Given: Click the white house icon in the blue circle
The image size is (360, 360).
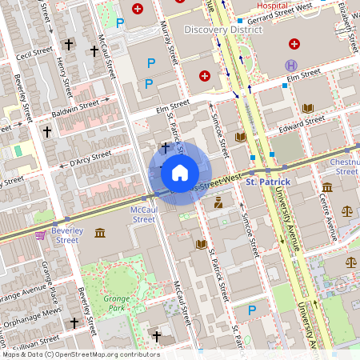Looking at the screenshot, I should point(179,172).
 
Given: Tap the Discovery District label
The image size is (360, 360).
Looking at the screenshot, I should point(222,29).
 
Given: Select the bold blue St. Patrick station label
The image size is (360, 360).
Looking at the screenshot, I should point(267,182).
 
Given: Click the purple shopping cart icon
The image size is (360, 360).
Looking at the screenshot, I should point(40,235).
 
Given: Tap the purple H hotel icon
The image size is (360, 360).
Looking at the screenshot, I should point(292,65).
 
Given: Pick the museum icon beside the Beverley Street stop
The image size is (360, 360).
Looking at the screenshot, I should point(99,233).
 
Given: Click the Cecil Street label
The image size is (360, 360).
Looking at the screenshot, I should point(33,56).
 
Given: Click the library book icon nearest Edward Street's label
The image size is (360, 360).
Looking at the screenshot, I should point(308,108).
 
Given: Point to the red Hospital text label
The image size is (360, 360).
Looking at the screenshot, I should point(251,3).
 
